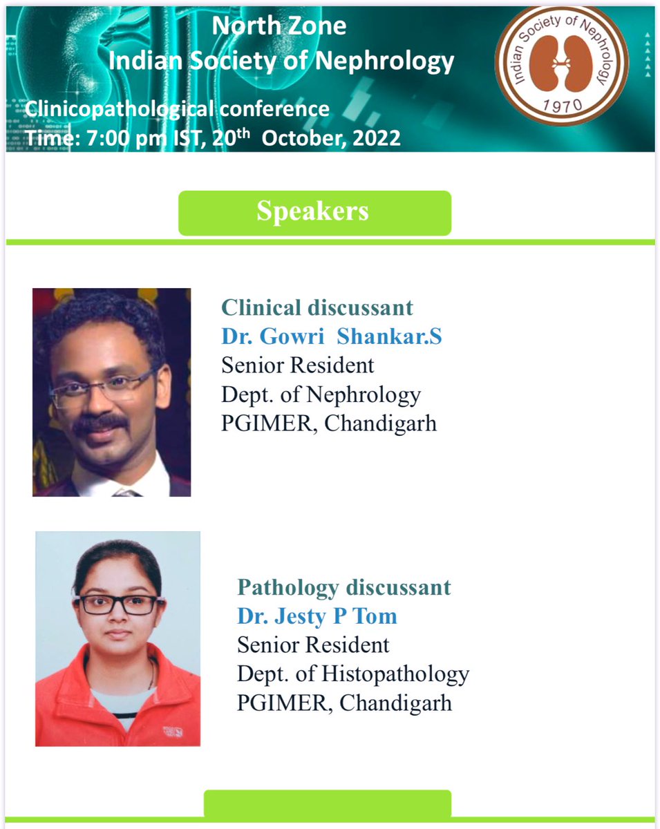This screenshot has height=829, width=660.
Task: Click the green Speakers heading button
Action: click(314, 212)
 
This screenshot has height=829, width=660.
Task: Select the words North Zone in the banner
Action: click(279, 26)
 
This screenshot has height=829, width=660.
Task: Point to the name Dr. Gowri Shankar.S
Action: click(331, 336)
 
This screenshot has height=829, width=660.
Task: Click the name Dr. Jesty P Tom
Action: click(317, 616)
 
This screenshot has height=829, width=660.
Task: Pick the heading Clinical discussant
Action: click(317, 307)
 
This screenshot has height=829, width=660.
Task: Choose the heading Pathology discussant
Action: click(343, 588)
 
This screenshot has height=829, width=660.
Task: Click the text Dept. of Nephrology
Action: click(321, 394)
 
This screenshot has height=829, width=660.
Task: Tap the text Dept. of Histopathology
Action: click(353, 673)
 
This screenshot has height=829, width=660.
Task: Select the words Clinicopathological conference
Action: click(177, 108)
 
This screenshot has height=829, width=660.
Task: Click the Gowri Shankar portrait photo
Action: click(111, 392)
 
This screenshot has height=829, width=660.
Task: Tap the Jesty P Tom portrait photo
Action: click(117, 638)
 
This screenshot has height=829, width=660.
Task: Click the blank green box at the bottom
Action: click(327, 803)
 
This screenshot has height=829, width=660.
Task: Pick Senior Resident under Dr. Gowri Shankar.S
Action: click(297, 365)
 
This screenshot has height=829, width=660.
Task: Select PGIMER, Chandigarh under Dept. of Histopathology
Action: click(344, 703)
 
